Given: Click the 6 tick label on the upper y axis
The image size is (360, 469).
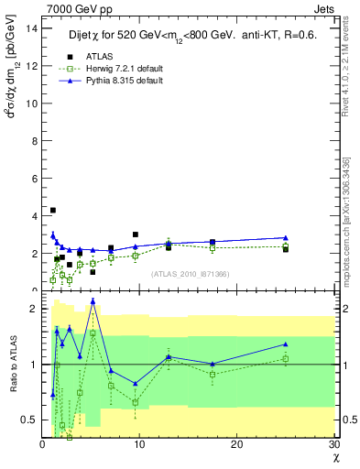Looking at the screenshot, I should point(34,178).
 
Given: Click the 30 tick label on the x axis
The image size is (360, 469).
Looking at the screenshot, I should point(333,444).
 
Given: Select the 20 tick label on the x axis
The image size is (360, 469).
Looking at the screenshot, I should point(236,444).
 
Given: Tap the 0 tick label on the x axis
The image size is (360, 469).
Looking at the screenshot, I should point(42,444).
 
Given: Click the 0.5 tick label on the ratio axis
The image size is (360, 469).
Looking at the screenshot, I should point(27,420).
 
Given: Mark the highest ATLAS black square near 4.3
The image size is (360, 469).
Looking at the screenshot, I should point(52,211).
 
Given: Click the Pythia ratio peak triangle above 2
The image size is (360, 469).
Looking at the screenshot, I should point(93,300).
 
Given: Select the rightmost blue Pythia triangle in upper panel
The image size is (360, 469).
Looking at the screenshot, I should point(286,238).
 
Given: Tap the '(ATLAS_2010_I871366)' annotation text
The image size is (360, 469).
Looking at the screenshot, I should point(190,274).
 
